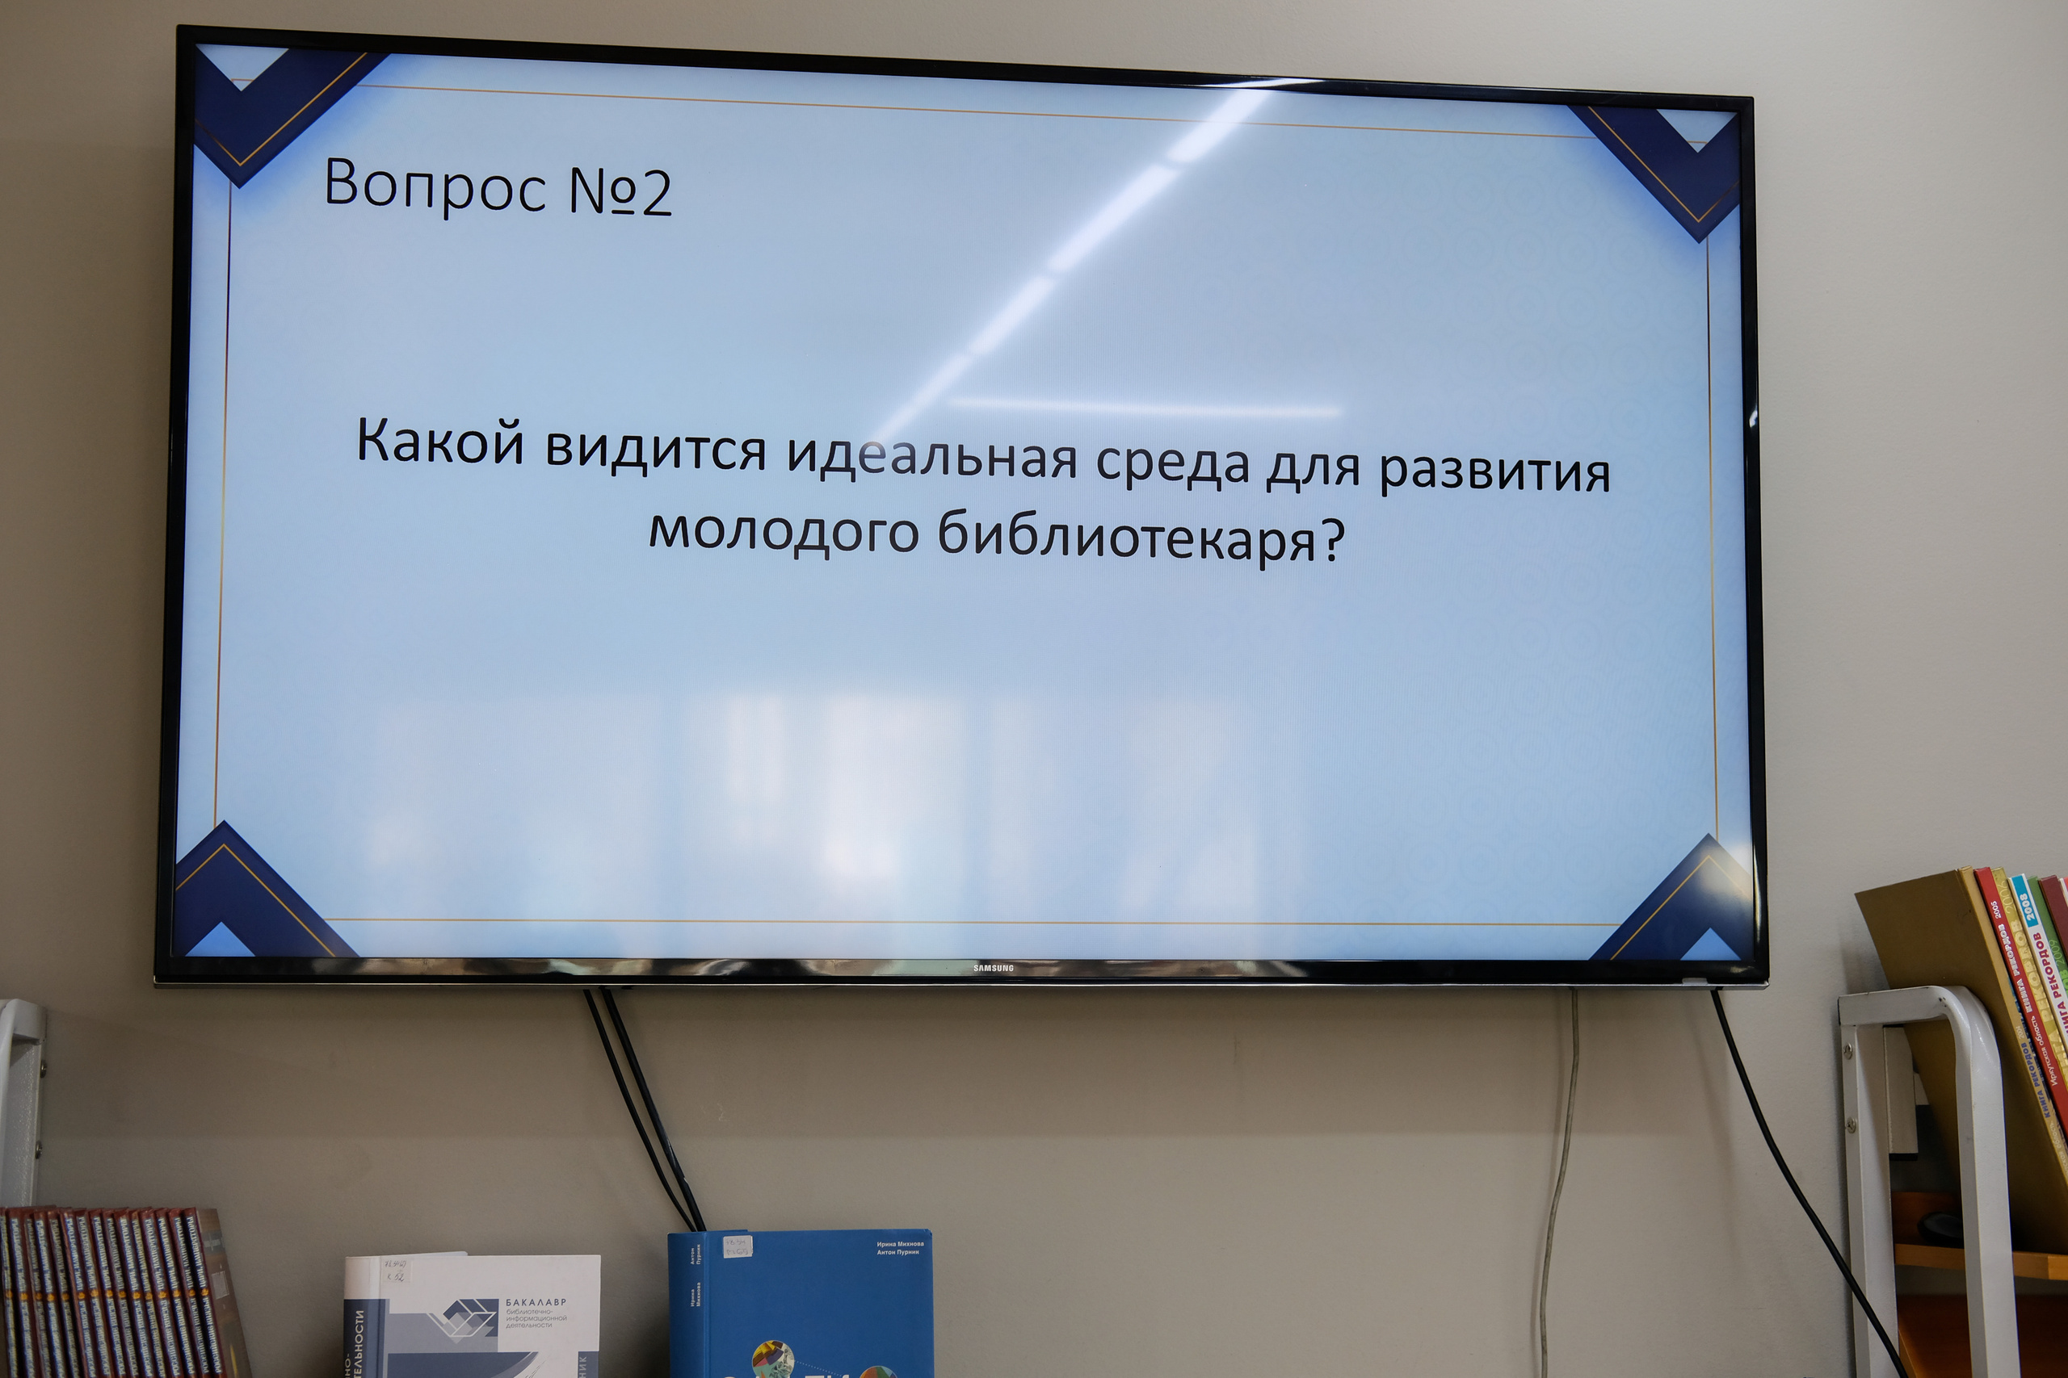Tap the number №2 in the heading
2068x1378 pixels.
(x=620, y=191)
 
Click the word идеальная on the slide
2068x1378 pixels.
(x=932, y=455)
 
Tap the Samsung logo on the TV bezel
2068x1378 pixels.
(x=994, y=969)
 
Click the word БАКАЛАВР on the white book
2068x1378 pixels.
(x=536, y=1301)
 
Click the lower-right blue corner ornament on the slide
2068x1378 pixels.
(x=1671, y=905)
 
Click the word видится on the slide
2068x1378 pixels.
(x=655, y=448)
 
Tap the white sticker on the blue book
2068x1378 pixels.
(x=736, y=1247)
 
